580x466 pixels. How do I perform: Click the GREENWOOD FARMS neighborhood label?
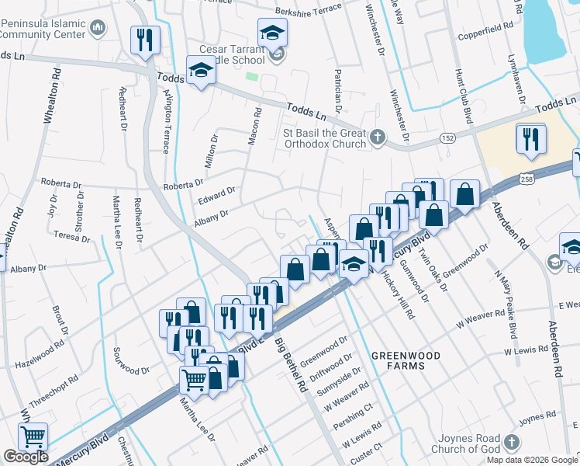click(x=405, y=360)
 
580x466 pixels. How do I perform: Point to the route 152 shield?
click(x=448, y=137)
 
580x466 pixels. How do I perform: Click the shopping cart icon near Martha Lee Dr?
click(x=194, y=381)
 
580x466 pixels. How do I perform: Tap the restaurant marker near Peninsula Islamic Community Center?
click(x=145, y=40)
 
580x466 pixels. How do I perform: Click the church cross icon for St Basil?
click(x=377, y=137)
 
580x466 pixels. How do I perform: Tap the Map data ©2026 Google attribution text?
click(x=533, y=460)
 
